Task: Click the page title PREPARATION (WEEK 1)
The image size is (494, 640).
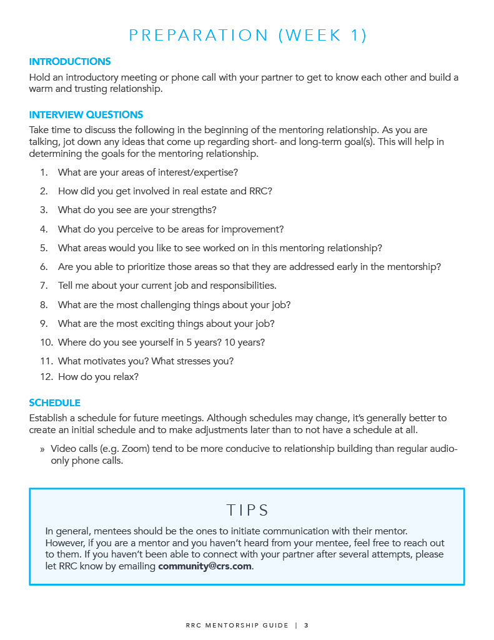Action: click(248, 36)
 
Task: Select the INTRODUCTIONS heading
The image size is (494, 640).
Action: click(70, 62)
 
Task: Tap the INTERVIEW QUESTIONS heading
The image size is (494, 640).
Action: click(86, 115)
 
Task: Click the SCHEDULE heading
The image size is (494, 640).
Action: click(55, 403)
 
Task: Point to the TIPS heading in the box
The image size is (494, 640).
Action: click(248, 510)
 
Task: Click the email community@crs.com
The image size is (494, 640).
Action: click(205, 566)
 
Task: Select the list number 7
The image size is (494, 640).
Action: click(44, 286)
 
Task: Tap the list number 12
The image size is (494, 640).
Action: click(44, 377)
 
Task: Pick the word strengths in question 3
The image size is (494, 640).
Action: click(193, 210)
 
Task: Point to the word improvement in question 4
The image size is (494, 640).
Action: click(254, 229)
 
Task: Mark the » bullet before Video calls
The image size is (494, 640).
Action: click(42, 449)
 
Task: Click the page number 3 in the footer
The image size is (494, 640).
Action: click(307, 625)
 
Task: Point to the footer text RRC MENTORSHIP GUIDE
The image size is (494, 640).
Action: click(237, 625)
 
